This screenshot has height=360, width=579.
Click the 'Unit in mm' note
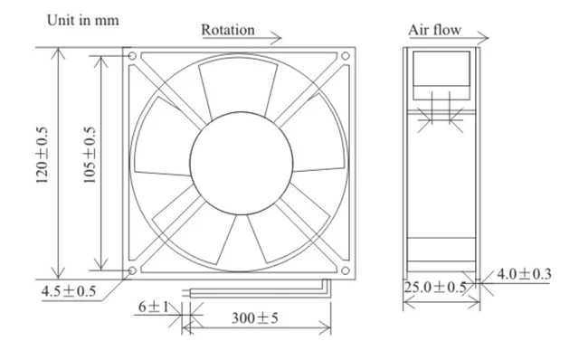[x=82, y=20]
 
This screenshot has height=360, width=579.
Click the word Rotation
[x=228, y=30]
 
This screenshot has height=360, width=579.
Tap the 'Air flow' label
[x=434, y=30]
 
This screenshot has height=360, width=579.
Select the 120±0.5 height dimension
[x=43, y=155]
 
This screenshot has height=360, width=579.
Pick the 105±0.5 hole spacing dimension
[x=89, y=155]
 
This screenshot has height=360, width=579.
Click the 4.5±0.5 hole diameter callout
[x=69, y=291]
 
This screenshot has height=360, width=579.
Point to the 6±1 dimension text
[x=154, y=307]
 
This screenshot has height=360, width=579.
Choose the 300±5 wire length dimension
[x=255, y=317]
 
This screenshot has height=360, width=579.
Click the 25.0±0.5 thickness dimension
[x=435, y=287]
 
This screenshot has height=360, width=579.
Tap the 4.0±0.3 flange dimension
[x=524, y=274]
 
